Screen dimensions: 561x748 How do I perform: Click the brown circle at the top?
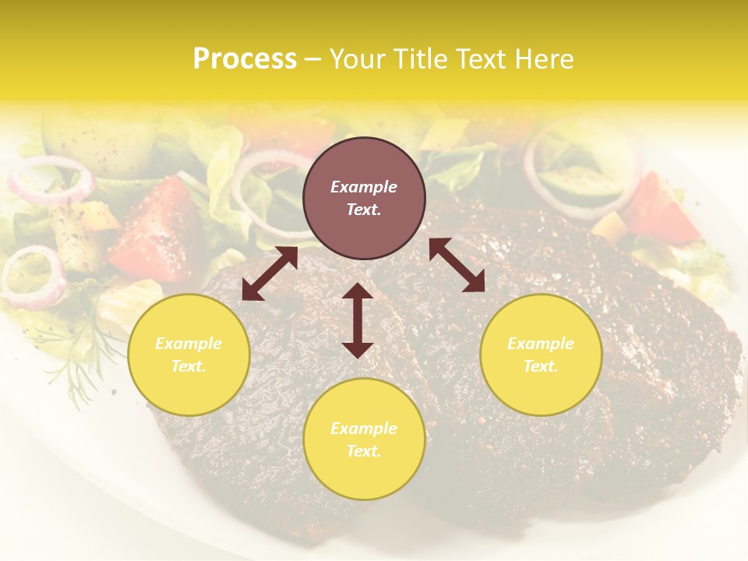click(x=364, y=198)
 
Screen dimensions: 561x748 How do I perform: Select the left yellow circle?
click(x=189, y=355)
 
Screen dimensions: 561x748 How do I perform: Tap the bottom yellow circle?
click(x=364, y=439)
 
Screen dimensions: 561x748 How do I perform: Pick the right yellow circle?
click(x=541, y=355)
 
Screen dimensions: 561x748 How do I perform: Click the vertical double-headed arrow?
click(x=358, y=320)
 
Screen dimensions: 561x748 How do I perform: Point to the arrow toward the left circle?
click(x=270, y=273)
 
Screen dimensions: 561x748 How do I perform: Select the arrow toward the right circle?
click(x=457, y=265)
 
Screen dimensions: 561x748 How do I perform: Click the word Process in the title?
click(x=245, y=58)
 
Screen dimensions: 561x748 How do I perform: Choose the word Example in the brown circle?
click(x=364, y=187)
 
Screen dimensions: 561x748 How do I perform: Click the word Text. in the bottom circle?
click(x=364, y=451)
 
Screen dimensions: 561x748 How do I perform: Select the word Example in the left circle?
click(x=189, y=344)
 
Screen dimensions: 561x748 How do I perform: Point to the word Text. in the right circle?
click(x=541, y=366)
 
